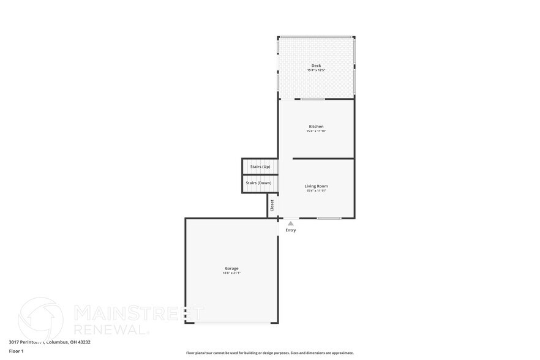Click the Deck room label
316,66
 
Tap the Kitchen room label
316,126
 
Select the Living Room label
316,186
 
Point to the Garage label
231,268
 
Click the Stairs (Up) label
258,167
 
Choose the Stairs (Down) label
258,183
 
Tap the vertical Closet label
272,205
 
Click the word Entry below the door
291,230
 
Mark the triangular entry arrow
291,223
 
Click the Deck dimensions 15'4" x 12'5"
316,70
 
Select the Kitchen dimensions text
316,131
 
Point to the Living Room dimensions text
316,191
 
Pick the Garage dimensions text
231,273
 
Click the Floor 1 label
16,351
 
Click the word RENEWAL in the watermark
110,329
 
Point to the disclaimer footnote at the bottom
269,353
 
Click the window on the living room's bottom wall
329,218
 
